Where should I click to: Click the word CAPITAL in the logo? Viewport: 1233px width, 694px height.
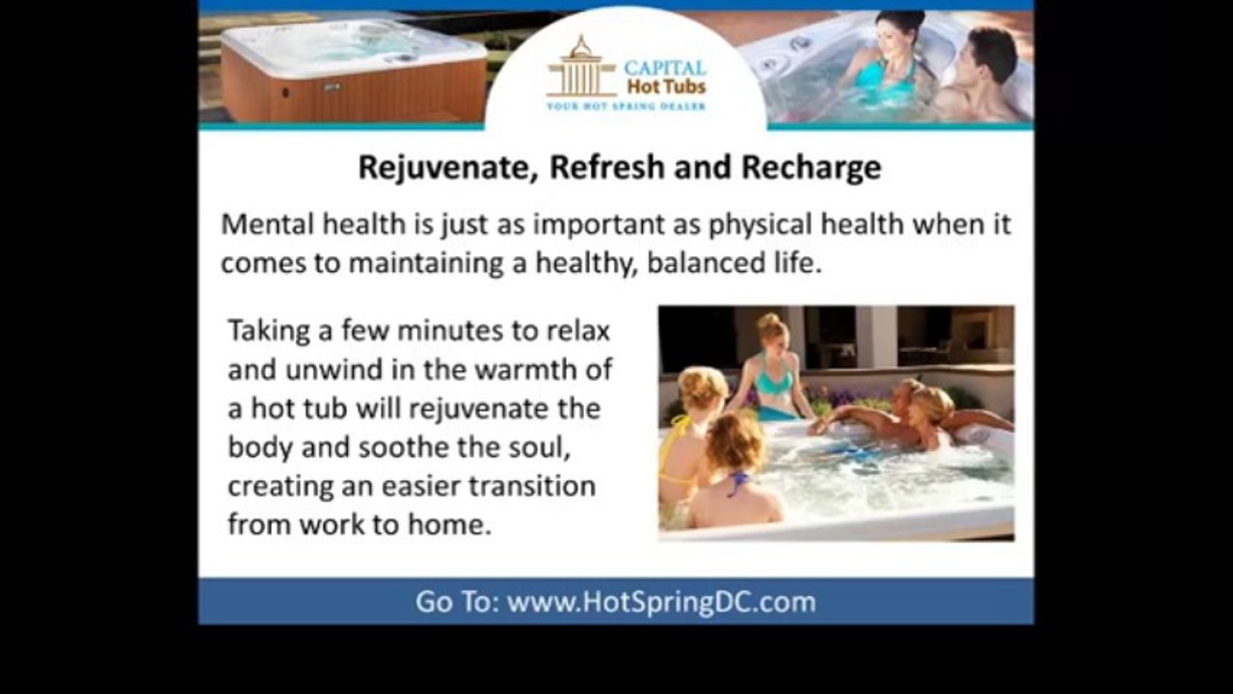coord(664,68)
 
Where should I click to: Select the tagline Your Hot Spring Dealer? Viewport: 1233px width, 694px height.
coord(626,106)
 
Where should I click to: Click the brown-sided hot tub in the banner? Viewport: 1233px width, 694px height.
coord(352,72)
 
